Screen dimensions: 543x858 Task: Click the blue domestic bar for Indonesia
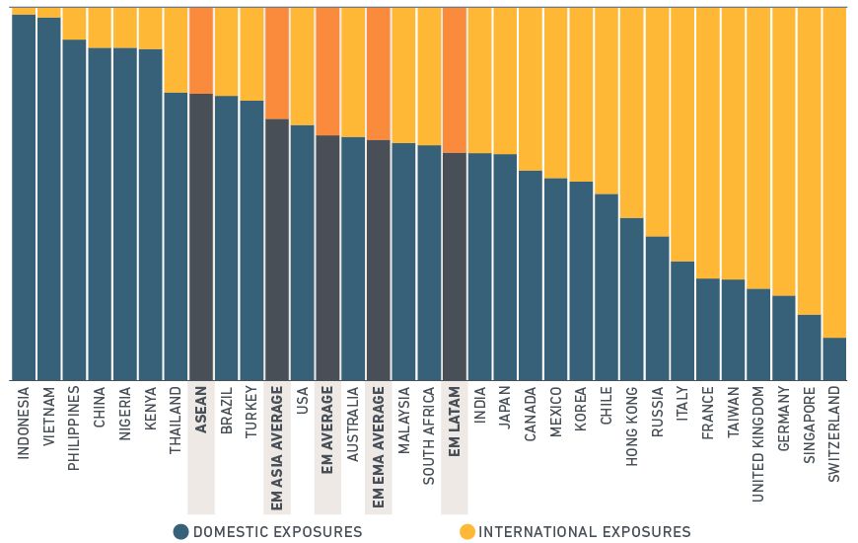click(24, 197)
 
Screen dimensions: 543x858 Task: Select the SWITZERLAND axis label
click(834, 434)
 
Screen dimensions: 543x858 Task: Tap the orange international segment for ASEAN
click(201, 50)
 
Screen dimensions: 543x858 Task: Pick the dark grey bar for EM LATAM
click(455, 267)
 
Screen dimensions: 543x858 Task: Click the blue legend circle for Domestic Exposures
click(180, 532)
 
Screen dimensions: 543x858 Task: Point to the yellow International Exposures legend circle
click(467, 532)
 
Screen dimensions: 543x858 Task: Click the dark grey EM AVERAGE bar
click(327, 257)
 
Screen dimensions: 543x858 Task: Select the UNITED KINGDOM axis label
click(758, 444)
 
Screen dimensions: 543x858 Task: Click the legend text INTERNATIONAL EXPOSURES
click(584, 532)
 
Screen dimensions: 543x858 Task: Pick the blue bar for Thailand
click(176, 237)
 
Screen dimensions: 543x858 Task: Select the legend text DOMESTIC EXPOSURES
click(277, 532)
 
